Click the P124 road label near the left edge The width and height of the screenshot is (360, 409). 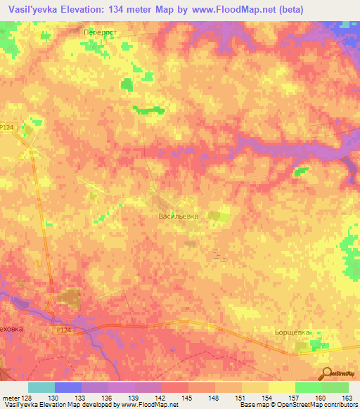(x=7, y=126)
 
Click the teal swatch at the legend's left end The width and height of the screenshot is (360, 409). (x=41, y=387)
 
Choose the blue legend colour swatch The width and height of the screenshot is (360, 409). (x=68, y=387)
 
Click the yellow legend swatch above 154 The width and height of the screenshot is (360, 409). (x=255, y=387)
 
